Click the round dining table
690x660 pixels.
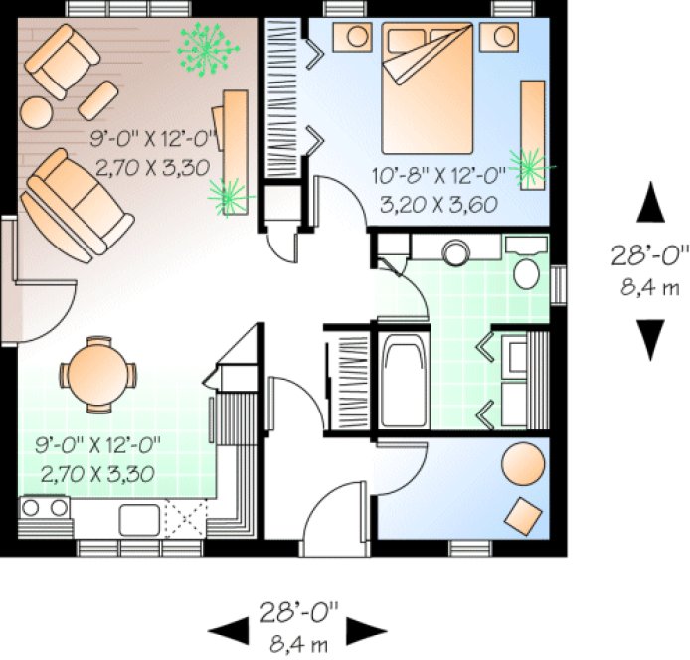96,373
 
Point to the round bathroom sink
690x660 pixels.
458,252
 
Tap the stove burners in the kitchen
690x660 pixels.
44,510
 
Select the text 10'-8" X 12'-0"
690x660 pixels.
439,177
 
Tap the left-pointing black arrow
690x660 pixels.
227,627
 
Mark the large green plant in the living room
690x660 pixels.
208,50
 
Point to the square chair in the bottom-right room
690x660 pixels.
524,515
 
